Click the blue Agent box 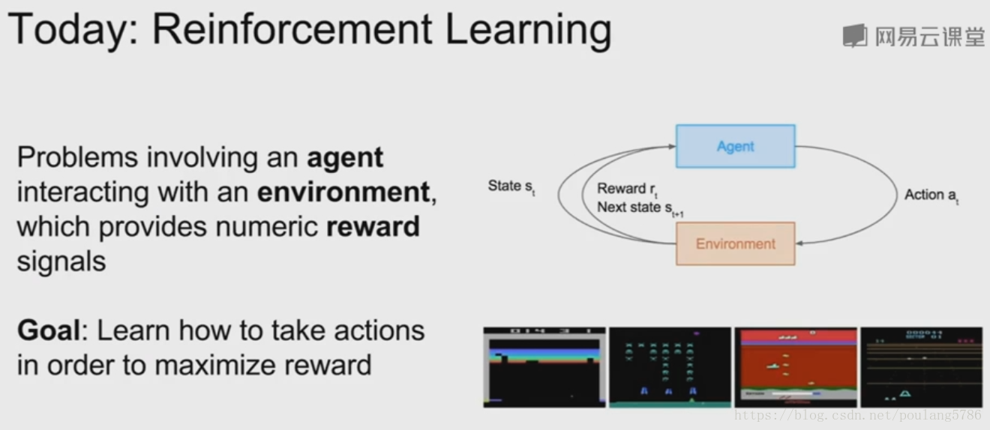(x=735, y=146)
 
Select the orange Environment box (x=735, y=243)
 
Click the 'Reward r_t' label (x=627, y=190)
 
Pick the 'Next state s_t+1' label (x=640, y=208)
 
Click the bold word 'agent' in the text (x=345, y=158)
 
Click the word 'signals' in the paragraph (x=61, y=261)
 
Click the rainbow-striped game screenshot (x=544, y=367)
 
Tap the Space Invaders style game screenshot (x=670, y=367)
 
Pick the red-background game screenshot (x=795, y=367)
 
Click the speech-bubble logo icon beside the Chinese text (x=854, y=36)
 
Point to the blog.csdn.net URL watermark (x=858, y=415)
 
